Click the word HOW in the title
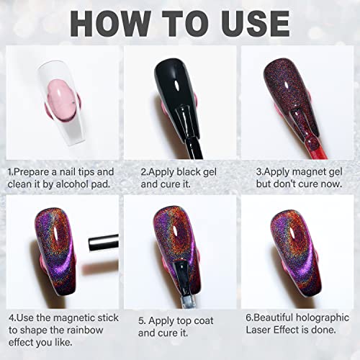111,23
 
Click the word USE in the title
256,23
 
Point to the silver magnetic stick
104,243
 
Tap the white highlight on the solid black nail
176,86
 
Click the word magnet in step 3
310,172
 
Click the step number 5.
142,321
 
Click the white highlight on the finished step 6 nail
293,233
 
